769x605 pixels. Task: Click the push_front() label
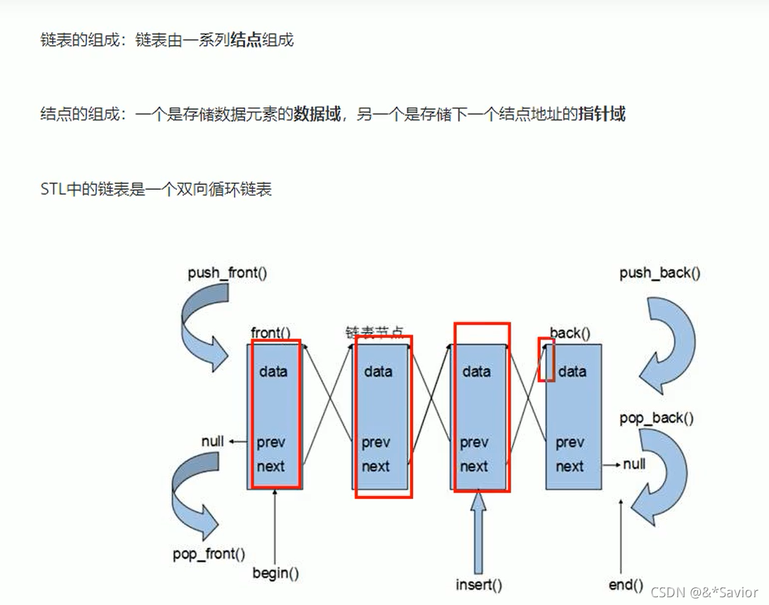tap(227, 273)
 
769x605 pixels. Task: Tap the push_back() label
tap(659, 273)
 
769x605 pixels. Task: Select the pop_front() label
tap(209, 554)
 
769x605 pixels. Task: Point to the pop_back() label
tap(657, 419)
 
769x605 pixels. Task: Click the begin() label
tap(276, 573)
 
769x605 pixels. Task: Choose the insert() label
tap(478, 584)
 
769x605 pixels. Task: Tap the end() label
tap(626, 584)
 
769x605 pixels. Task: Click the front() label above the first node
tap(270, 332)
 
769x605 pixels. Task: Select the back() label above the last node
tap(570, 332)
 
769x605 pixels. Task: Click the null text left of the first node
tap(213, 441)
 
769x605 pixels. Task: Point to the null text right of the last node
tap(633, 464)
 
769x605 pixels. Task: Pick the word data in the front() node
tap(273, 371)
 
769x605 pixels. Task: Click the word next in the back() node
tap(570, 466)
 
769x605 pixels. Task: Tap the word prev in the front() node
tap(271, 443)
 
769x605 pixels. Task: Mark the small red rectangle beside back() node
tap(546, 360)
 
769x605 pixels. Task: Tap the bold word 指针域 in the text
tap(602, 114)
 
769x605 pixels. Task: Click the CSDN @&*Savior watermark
tap(704, 592)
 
